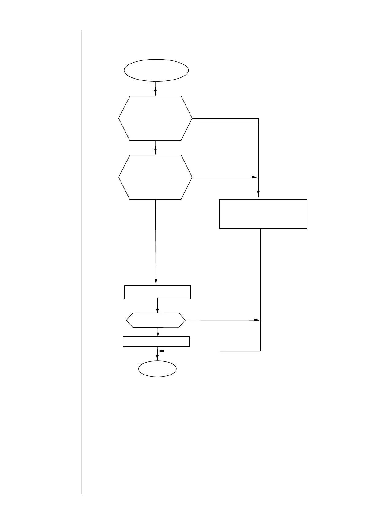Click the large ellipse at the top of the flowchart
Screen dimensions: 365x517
(156, 70)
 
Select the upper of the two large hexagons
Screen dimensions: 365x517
(155, 118)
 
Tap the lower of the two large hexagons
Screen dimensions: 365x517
(155, 177)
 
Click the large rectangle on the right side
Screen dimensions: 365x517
(263, 214)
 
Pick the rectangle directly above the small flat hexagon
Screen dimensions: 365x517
(158, 292)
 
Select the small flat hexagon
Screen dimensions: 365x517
(156, 320)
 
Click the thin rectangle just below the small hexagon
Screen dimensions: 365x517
(156, 341)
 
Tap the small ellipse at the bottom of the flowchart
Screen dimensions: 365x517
(157, 368)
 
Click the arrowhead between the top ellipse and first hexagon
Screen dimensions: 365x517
(156, 93)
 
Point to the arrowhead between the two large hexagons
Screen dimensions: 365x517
(156, 152)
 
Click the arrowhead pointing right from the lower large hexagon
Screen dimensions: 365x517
(255, 177)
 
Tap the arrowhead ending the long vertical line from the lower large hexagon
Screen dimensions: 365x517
(156, 282)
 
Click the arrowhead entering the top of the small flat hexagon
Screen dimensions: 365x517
(157, 310)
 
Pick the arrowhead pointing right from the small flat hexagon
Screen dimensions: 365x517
(257, 320)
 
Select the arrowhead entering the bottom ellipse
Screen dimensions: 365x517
(157, 358)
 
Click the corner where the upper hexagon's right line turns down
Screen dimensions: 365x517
(258, 118)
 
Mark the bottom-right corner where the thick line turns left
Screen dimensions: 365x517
(260, 351)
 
